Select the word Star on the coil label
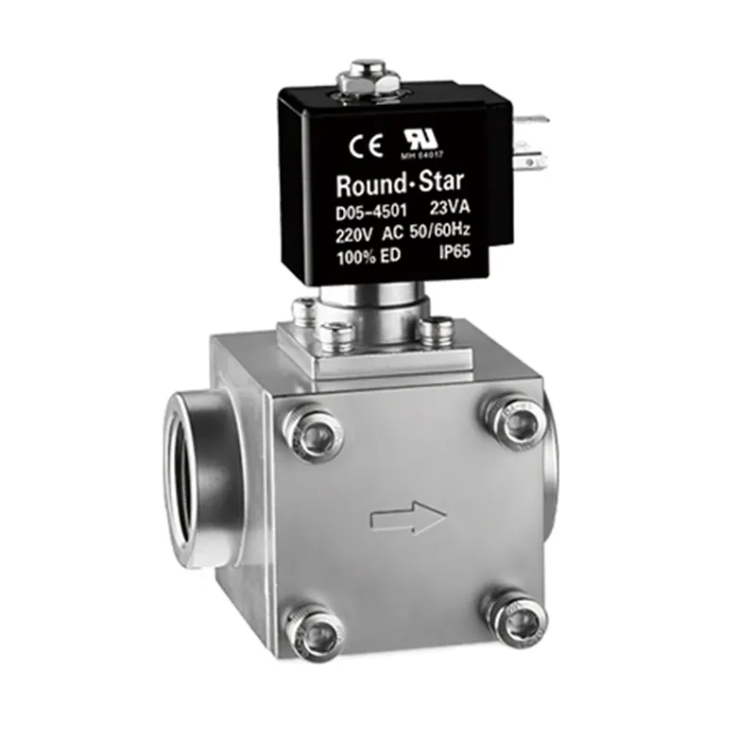click(438, 180)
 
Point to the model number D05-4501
click(370, 213)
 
